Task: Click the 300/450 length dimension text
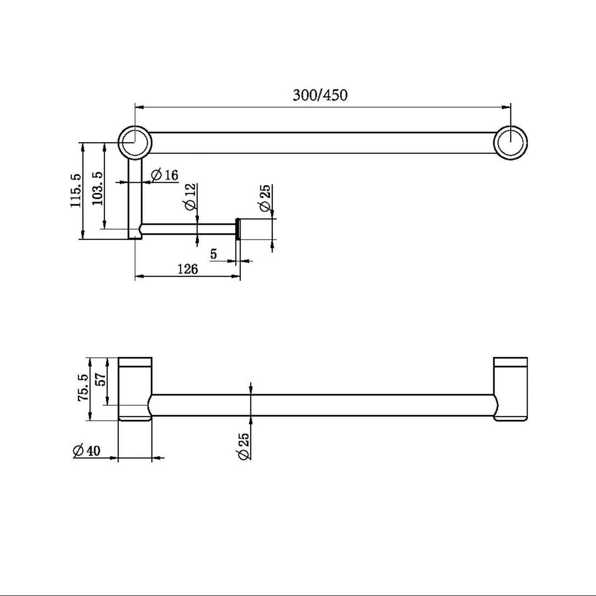click(320, 95)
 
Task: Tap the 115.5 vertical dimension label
click(76, 191)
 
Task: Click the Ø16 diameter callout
click(165, 175)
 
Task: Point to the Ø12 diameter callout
click(190, 197)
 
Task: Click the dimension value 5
click(213, 254)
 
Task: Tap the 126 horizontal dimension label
click(188, 269)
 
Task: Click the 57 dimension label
click(101, 379)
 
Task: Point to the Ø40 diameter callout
click(86, 450)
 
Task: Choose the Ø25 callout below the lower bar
click(243, 446)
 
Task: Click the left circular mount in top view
click(135, 142)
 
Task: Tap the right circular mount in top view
click(511, 142)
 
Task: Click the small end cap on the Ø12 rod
click(238, 229)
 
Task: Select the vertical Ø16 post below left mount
click(135, 198)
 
